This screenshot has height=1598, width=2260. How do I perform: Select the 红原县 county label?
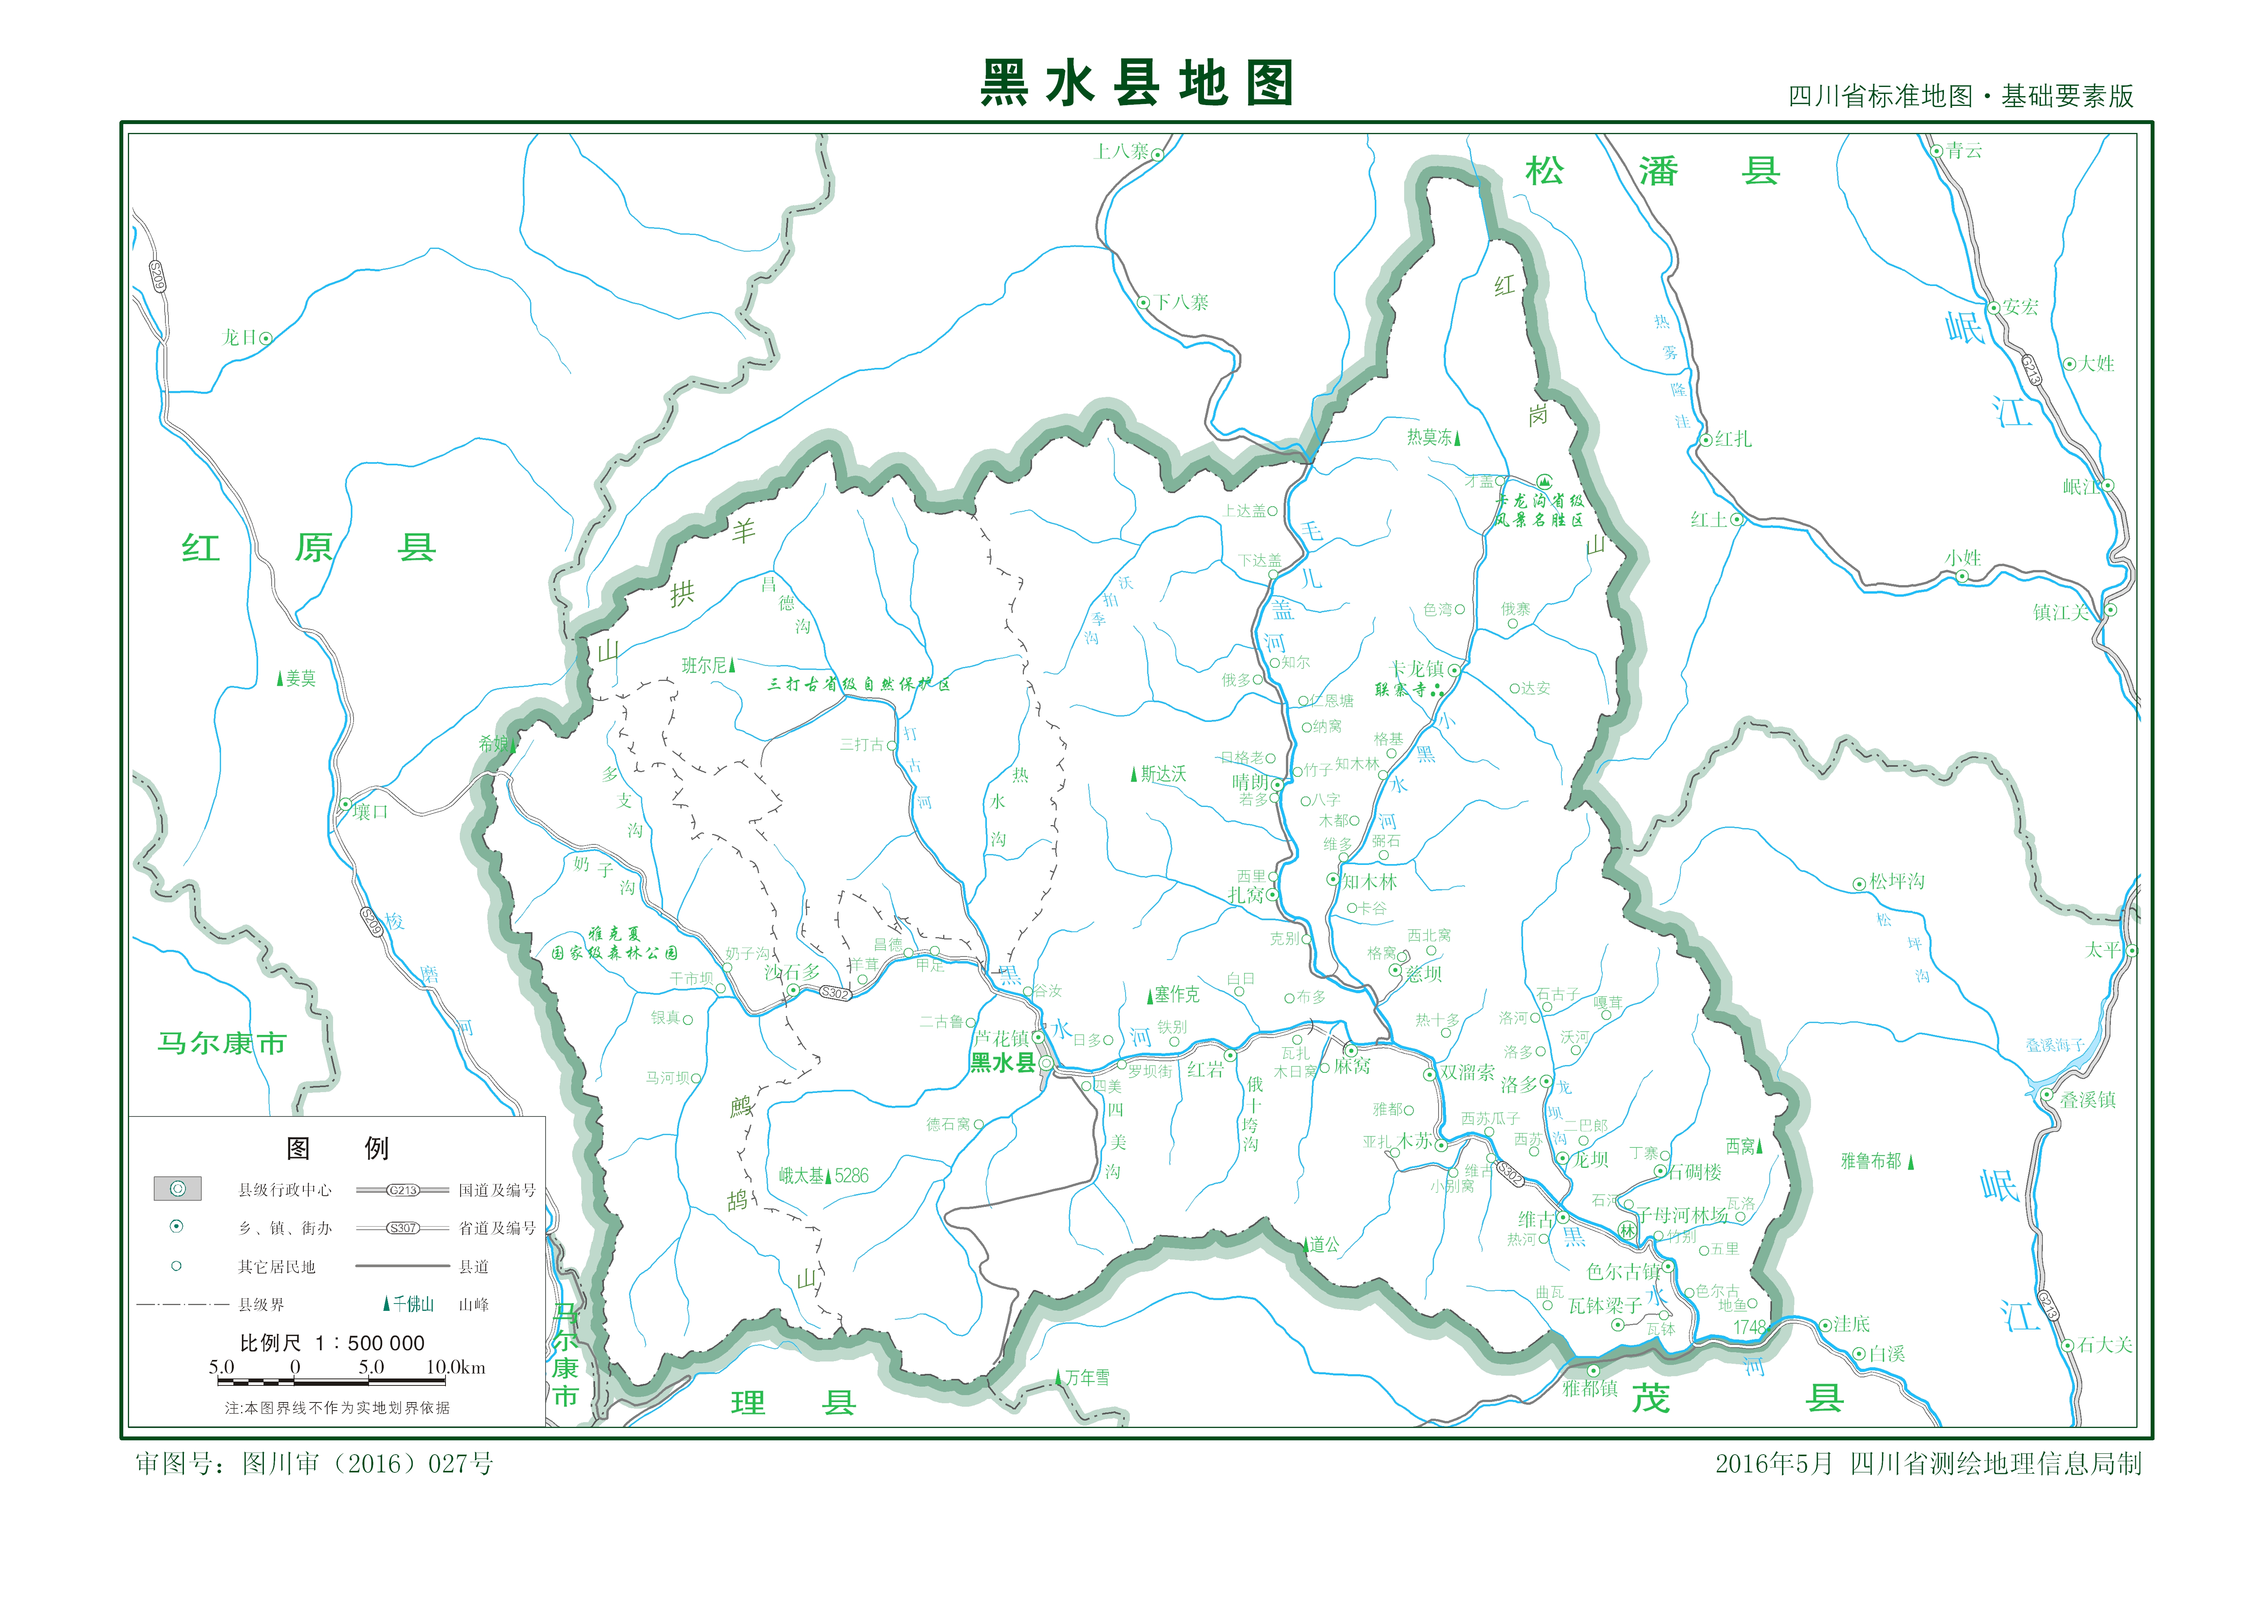[308, 548]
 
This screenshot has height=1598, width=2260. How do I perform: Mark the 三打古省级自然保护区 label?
[858, 684]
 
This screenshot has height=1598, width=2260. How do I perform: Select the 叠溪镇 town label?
[2087, 1100]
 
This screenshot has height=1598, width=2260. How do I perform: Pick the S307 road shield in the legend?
[403, 1228]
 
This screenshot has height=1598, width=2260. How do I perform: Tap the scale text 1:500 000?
[370, 1343]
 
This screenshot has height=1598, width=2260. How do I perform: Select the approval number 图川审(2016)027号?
[315, 1464]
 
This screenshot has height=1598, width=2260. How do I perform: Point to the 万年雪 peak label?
[1087, 1377]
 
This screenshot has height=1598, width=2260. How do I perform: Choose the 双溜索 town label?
[1467, 1072]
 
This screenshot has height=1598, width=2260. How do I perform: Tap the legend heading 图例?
[337, 1148]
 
